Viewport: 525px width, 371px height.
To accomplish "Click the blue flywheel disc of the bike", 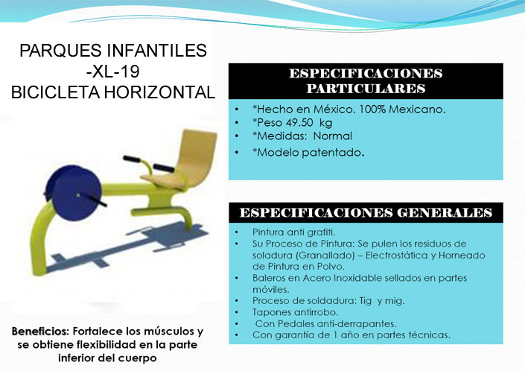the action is pyautogui.click(x=74, y=192).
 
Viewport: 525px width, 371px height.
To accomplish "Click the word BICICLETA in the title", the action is pyautogui.click(x=55, y=92).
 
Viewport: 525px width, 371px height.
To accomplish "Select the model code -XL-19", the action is pyautogui.click(x=113, y=72).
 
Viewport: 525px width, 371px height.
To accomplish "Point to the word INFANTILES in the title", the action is pyautogui.click(x=156, y=51).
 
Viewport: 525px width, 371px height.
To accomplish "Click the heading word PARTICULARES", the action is pyautogui.click(x=366, y=89).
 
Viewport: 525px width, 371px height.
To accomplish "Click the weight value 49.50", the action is pyautogui.click(x=297, y=123).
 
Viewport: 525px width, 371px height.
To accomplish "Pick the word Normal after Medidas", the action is pyautogui.click(x=333, y=136).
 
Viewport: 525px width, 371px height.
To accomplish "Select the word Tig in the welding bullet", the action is pyautogui.click(x=366, y=301).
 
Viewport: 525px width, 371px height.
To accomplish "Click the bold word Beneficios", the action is pyautogui.click(x=40, y=332).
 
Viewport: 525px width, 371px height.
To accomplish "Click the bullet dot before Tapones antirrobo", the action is pyautogui.click(x=237, y=312).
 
